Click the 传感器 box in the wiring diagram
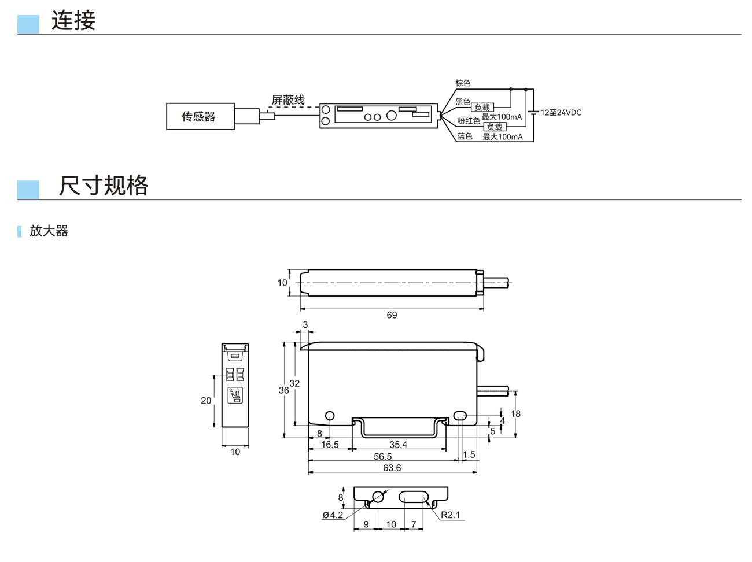click(200, 116)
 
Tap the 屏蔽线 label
click(288, 100)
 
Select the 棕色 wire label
click(463, 83)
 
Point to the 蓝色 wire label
click(465, 136)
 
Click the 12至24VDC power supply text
click(561, 112)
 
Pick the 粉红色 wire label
click(469, 121)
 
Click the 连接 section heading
click(73, 21)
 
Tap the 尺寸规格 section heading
click(104, 186)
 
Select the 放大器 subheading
click(49, 231)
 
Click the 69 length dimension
click(392, 315)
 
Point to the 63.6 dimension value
click(392, 468)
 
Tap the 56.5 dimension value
click(382, 457)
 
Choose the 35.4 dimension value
click(398, 445)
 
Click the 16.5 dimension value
click(330, 445)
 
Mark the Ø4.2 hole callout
click(333, 515)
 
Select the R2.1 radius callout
click(450, 515)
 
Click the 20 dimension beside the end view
click(206, 400)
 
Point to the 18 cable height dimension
click(515, 413)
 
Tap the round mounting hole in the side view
click(330, 415)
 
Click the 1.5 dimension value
click(469, 454)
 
